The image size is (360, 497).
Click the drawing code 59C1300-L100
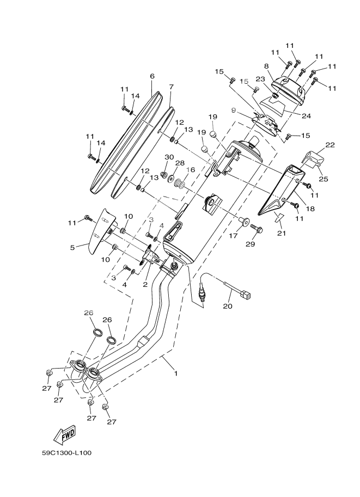click(x=69, y=452)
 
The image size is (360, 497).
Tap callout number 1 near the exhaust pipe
click(x=175, y=373)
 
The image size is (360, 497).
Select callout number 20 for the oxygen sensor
click(x=228, y=306)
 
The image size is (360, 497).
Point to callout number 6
click(x=152, y=76)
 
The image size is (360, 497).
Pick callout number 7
click(x=171, y=87)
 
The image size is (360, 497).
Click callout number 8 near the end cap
click(x=266, y=66)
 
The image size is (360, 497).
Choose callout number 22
click(x=330, y=145)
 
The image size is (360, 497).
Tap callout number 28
click(x=180, y=163)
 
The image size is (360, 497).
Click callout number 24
click(x=306, y=115)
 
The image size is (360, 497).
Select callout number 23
click(x=260, y=78)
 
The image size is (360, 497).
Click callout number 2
click(x=145, y=284)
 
